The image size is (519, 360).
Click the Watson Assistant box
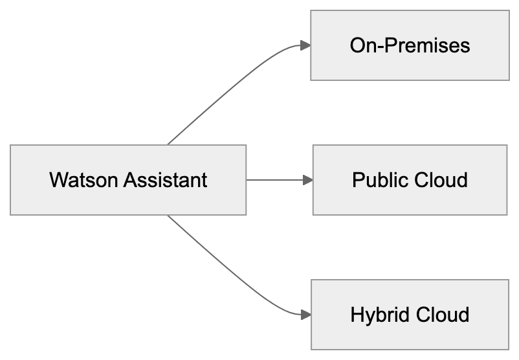click(128, 179)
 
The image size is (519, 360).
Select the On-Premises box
click(409, 45)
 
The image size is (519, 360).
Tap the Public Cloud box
click(410, 179)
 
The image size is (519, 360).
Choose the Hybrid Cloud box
click(409, 315)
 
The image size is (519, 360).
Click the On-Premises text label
click(409, 45)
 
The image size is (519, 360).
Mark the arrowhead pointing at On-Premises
click(305, 45)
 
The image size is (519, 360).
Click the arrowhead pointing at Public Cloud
click(308, 180)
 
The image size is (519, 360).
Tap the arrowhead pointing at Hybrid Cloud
click(305, 315)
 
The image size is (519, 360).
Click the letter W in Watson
click(56, 179)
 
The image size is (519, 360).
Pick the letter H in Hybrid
click(356, 315)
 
